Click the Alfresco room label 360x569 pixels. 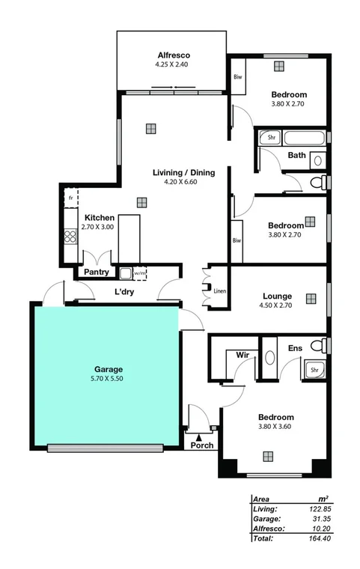point(174,55)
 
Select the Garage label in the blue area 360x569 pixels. point(108,369)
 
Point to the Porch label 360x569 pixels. point(202,445)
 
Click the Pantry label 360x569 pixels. point(97,272)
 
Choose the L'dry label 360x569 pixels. point(123,292)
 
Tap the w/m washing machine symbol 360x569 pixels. point(140,273)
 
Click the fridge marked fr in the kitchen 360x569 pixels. point(71,197)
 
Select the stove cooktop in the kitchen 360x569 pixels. point(71,237)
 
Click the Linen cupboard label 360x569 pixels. point(219,290)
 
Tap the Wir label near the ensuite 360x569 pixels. point(242,353)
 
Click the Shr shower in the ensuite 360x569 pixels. point(314,369)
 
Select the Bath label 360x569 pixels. point(296,156)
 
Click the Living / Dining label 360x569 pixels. point(183,172)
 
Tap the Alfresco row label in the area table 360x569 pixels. point(268,527)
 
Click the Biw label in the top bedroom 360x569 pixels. point(238,77)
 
